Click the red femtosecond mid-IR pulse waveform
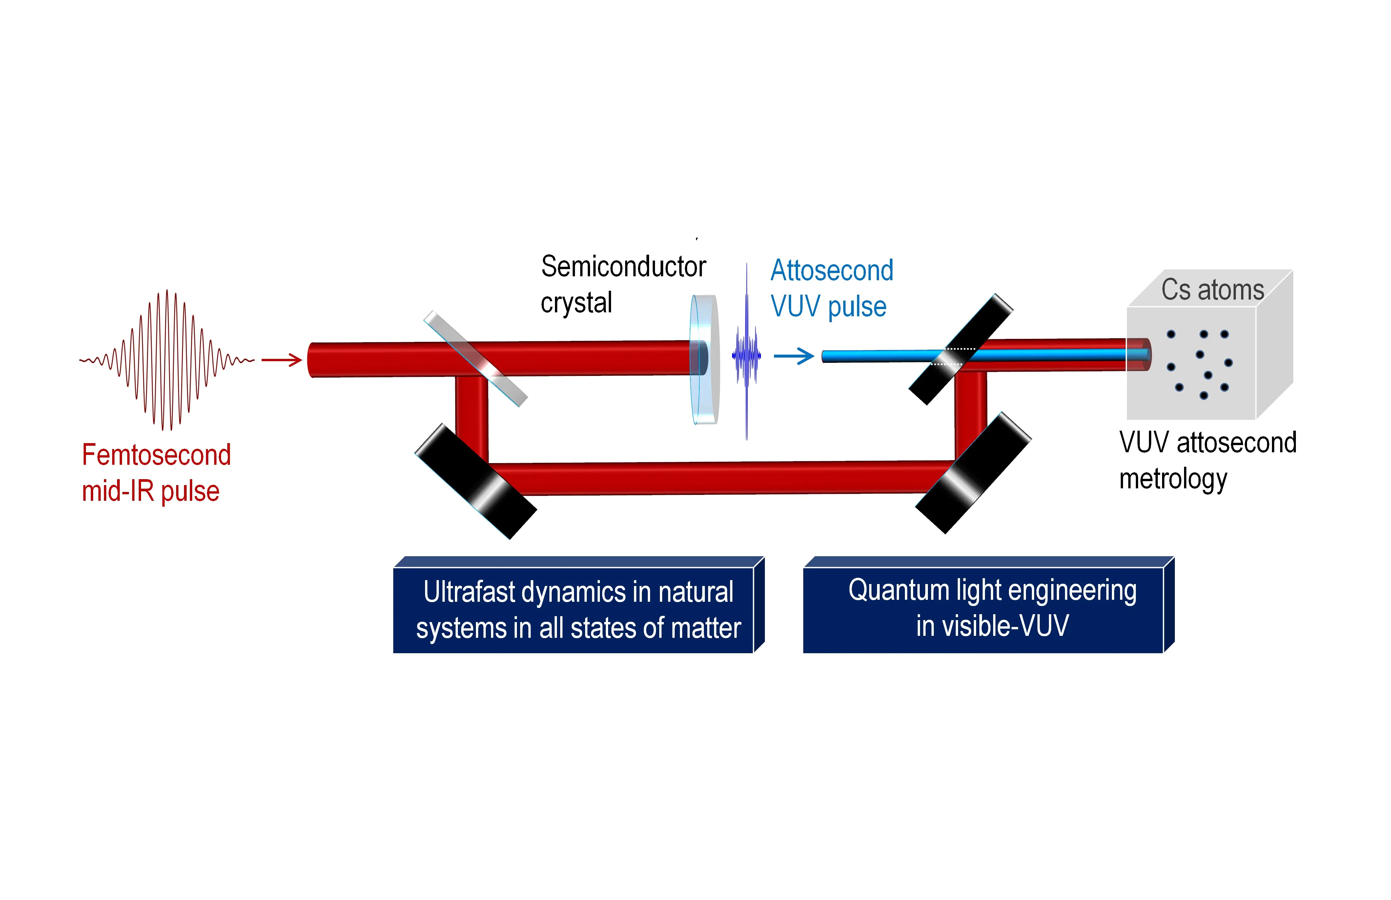pos(167,360)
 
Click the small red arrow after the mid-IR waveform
pos(282,360)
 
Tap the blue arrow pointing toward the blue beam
pos(794,356)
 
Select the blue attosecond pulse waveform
pos(747,353)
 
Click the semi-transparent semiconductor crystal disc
pos(704,359)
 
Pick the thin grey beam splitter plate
pos(475,358)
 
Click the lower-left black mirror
pos(475,481)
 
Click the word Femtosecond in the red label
pos(156,455)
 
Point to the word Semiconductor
pos(623,267)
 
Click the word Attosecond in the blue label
pos(832,270)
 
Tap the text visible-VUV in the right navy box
pos(1006,625)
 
